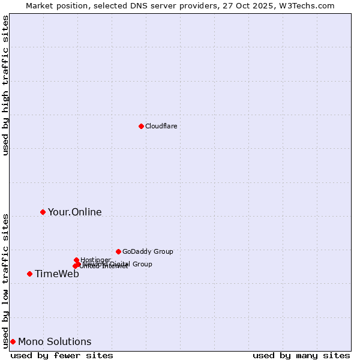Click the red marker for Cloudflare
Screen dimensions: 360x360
[141, 126]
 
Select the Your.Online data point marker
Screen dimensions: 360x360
[43, 212]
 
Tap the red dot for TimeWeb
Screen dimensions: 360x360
[29, 274]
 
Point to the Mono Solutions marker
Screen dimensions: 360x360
[13, 341]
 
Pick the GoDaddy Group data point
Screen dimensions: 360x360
[118, 251]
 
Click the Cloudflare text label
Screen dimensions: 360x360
[161, 126]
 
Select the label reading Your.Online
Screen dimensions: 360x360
[74, 212]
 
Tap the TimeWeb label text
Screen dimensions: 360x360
[56, 274]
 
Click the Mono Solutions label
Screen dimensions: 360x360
[55, 341]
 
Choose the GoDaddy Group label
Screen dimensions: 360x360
[148, 251]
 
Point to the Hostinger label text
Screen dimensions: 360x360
[95, 260]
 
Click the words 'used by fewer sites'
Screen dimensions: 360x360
[62, 355]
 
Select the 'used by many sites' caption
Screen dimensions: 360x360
[301, 355]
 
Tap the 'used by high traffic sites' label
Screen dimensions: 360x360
[5, 85]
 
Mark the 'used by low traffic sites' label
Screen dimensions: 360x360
[5, 280]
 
